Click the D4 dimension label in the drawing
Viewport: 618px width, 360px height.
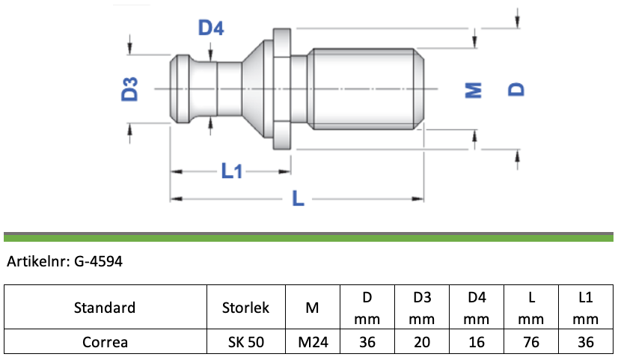pos(211,28)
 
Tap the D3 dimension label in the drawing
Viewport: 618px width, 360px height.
pos(129,89)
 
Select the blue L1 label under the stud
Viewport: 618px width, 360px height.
pos(231,171)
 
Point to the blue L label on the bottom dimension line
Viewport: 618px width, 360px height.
pos(298,198)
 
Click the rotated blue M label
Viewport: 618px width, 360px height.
pos(474,90)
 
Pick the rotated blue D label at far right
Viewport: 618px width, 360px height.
pos(516,90)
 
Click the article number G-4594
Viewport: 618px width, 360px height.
pos(98,261)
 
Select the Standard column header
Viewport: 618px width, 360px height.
pos(105,308)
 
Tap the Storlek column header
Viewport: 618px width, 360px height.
pos(245,308)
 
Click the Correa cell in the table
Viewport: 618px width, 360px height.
pos(105,342)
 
